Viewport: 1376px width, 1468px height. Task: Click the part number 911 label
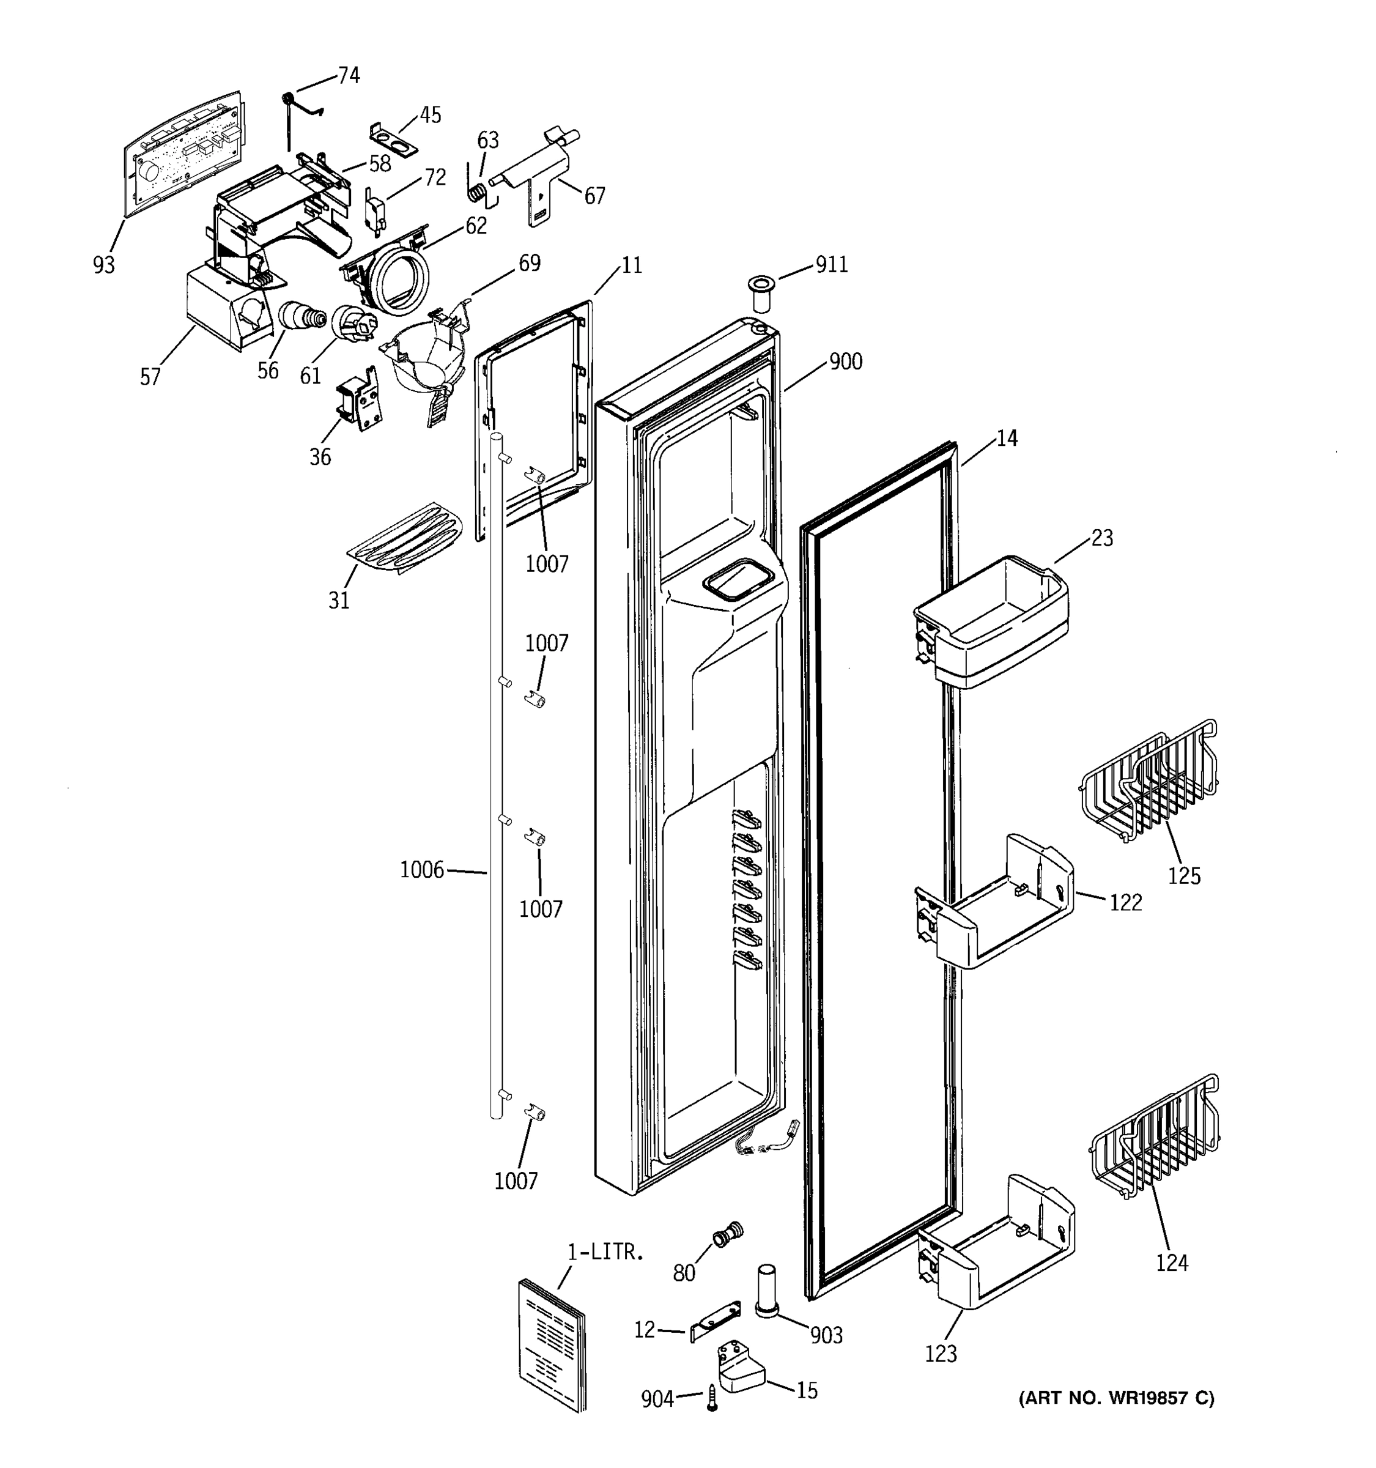point(831,264)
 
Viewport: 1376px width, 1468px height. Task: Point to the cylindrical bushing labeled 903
point(766,1289)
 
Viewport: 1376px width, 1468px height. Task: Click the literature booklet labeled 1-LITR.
point(552,1344)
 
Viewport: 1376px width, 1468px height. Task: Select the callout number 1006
point(421,870)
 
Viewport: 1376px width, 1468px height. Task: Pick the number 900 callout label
point(845,362)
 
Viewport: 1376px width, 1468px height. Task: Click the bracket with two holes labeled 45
point(393,139)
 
